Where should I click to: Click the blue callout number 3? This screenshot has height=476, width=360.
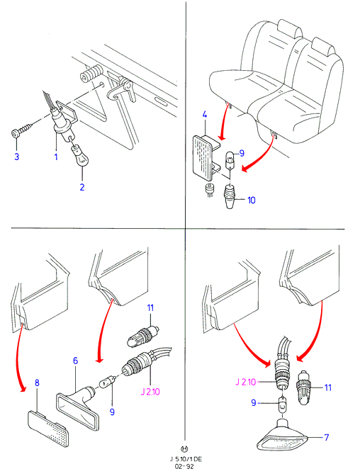(17, 157)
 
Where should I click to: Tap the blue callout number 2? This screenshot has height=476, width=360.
(82, 187)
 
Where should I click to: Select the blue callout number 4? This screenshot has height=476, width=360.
(205, 115)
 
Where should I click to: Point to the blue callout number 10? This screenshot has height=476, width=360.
(252, 200)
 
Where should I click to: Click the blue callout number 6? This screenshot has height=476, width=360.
(75, 361)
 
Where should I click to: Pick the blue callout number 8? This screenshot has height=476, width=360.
(37, 382)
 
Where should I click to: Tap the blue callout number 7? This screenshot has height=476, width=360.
(327, 437)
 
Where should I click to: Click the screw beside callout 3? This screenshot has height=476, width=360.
(22, 130)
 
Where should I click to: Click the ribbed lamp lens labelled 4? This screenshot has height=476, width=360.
(204, 157)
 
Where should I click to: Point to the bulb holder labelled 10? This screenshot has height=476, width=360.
(230, 196)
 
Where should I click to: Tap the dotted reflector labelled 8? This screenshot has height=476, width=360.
(48, 429)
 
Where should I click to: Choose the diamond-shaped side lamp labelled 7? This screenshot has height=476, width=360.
(281, 436)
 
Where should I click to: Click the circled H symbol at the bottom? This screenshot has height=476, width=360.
(184, 448)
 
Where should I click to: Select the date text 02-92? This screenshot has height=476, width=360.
(185, 466)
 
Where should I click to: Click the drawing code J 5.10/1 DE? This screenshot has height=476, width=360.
(186, 459)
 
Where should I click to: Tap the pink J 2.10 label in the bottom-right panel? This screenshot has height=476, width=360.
(245, 382)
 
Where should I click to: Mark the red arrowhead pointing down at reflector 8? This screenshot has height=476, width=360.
(22, 389)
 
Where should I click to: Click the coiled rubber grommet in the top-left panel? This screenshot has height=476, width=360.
(91, 73)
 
